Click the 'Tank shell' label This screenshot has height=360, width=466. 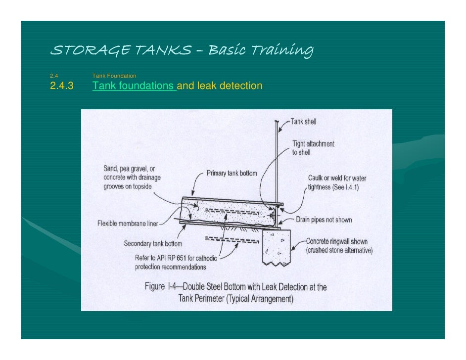(x=303, y=122)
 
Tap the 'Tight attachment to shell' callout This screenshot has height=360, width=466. (x=313, y=148)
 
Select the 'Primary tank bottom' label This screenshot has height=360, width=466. (x=232, y=174)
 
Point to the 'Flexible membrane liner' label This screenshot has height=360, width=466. (x=127, y=224)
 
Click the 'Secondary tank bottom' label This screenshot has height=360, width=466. (x=153, y=243)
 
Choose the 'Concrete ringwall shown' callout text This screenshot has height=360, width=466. (x=337, y=242)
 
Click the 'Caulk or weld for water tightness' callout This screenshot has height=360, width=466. (x=337, y=182)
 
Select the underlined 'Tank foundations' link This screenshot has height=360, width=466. (x=134, y=86)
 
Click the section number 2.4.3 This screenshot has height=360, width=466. (x=61, y=86)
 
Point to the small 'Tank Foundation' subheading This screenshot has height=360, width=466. (x=114, y=76)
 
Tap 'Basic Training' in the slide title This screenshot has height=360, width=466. (x=261, y=50)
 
